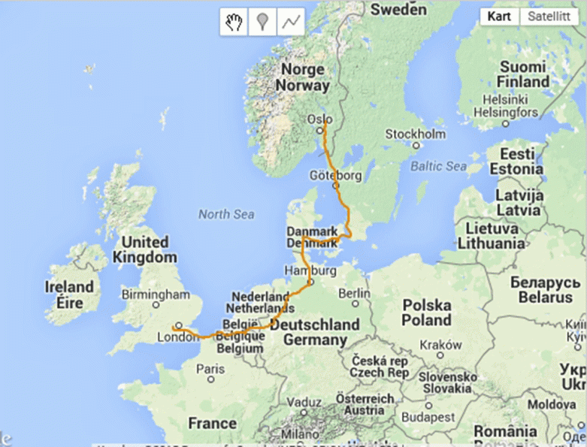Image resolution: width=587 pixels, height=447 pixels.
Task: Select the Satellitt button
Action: [x=548, y=17]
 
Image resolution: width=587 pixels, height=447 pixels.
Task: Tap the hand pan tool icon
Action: [x=234, y=22]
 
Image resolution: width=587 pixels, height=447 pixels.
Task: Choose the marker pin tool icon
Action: [x=262, y=22]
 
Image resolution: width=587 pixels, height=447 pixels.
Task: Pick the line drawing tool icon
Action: [x=290, y=22]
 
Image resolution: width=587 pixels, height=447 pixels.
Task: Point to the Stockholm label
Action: [x=415, y=134]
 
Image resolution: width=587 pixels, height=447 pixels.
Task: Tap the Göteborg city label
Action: [x=336, y=175]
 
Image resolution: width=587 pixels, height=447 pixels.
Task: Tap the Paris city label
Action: [x=210, y=369]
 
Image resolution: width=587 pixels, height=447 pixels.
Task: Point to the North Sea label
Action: [x=226, y=215]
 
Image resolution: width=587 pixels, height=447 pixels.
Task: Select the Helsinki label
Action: [x=505, y=99]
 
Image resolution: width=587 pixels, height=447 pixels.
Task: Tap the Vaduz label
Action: [x=303, y=400]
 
